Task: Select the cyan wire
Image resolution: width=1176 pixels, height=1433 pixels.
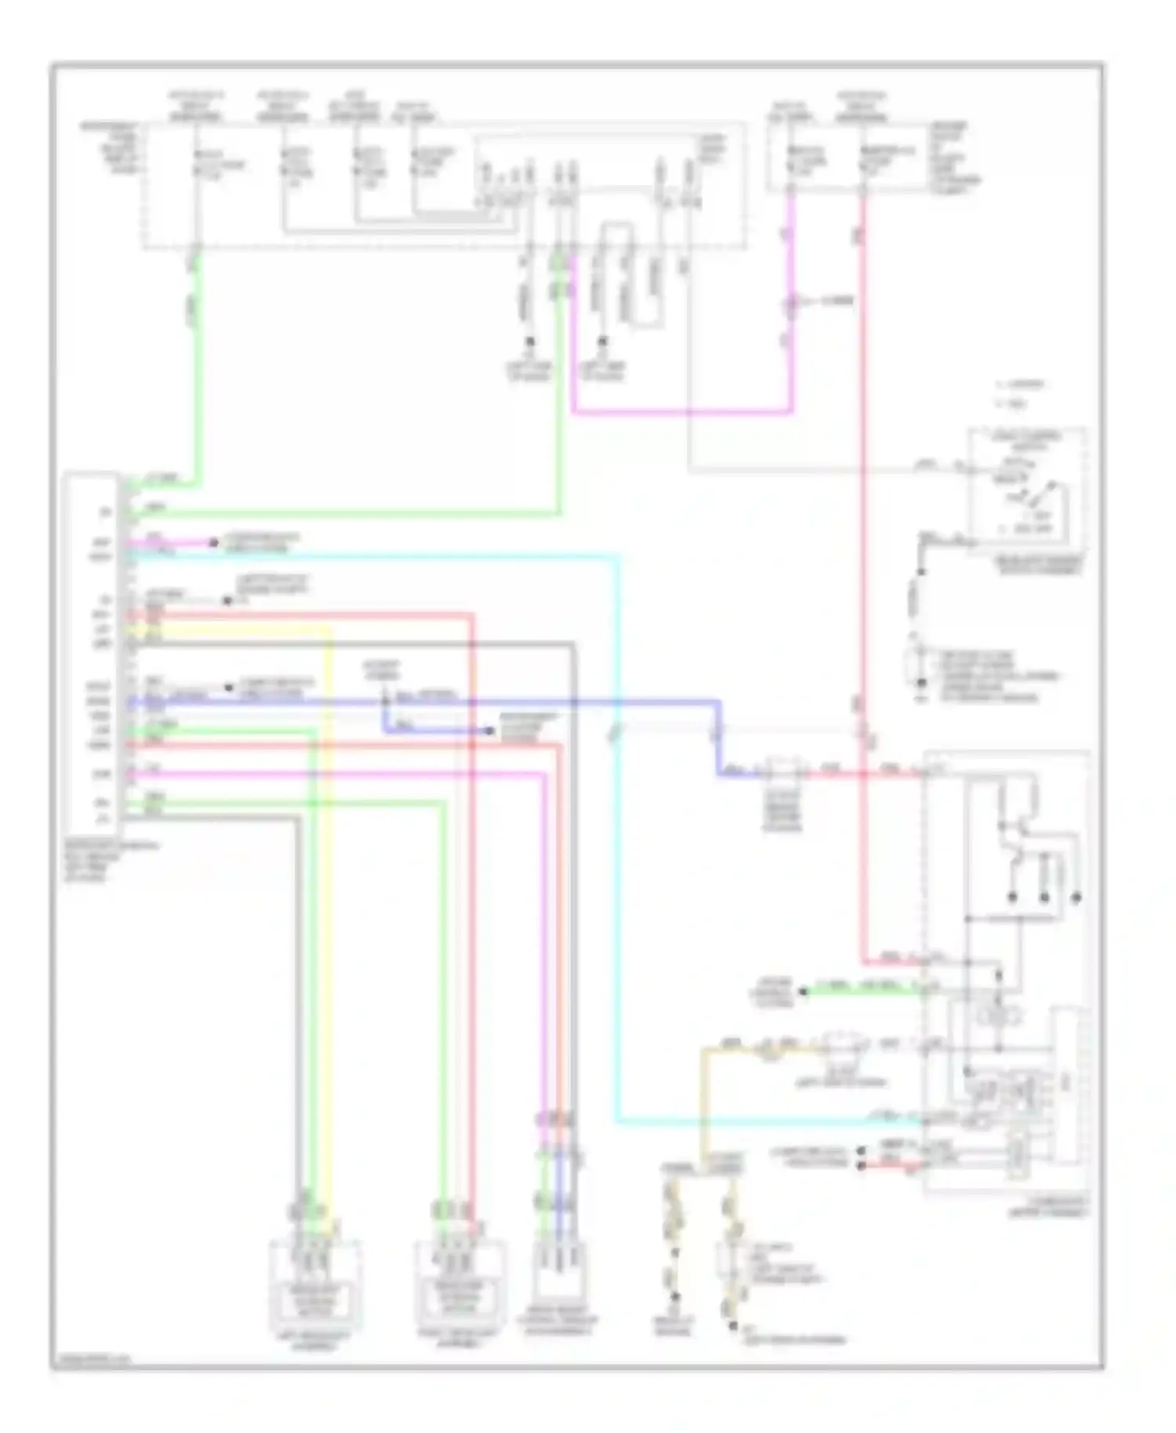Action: pyautogui.click(x=617, y=862)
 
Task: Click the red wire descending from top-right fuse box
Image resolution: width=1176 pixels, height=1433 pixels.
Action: pyautogui.click(x=864, y=470)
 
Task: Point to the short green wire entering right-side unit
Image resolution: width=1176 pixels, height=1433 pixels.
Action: pyautogui.click(x=862, y=991)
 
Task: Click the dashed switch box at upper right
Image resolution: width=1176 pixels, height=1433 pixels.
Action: pyautogui.click(x=1027, y=490)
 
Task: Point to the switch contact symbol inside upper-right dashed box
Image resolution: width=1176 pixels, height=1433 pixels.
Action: pyautogui.click(x=1027, y=494)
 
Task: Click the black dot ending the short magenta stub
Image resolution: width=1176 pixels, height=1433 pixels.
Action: pyautogui.click(x=212, y=542)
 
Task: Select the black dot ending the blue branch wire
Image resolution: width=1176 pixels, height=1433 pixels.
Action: pyautogui.click(x=489, y=731)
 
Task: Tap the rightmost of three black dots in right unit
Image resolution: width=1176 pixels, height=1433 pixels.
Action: pyautogui.click(x=1076, y=898)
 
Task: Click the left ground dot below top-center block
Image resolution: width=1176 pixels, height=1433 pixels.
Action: pyautogui.click(x=529, y=343)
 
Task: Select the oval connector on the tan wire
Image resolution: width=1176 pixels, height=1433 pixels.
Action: pyautogui.click(x=844, y=1045)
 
